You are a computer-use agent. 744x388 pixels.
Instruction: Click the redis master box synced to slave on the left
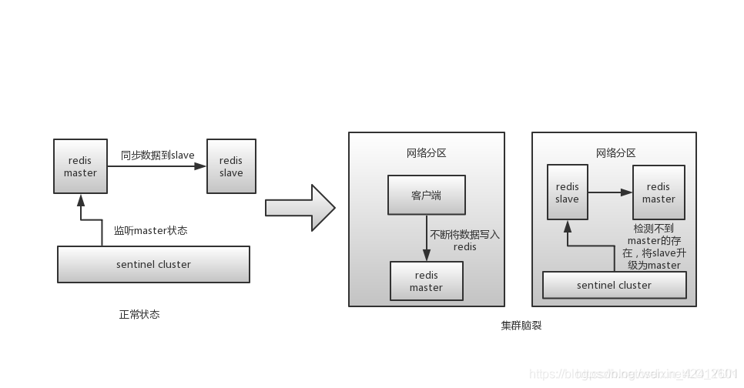click(x=80, y=167)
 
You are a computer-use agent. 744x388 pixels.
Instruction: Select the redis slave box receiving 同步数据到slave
click(x=231, y=167)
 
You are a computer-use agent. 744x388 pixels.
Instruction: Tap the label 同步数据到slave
click(x=157, y=156)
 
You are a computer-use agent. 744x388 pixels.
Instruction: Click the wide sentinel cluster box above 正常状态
click(x=153, y=264)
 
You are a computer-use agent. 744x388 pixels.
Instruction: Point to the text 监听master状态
click(x=150, y=230)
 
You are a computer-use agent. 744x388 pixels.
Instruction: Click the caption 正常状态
click(x=139, y=314)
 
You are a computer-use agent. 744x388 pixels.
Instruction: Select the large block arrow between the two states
click(x=300, y=208)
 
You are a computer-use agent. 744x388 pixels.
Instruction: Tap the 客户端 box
click(x=426, y=196)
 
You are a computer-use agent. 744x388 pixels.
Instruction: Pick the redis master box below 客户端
click(x=426, y=281)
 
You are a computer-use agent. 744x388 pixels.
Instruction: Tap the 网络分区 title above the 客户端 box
click(x=426, y=153)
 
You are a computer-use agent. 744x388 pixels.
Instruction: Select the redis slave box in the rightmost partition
click(x=567, y=192)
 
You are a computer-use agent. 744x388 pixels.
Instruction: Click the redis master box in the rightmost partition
click(x=659, y=192)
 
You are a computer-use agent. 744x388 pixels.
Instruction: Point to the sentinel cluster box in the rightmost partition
click(x=614, y=285)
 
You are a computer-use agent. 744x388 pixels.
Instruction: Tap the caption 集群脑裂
click(x=521, y=326)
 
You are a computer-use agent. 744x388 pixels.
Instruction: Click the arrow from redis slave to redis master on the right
click(x=610, y=192)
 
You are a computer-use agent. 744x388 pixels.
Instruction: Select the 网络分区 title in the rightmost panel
click(x=615, y=153)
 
